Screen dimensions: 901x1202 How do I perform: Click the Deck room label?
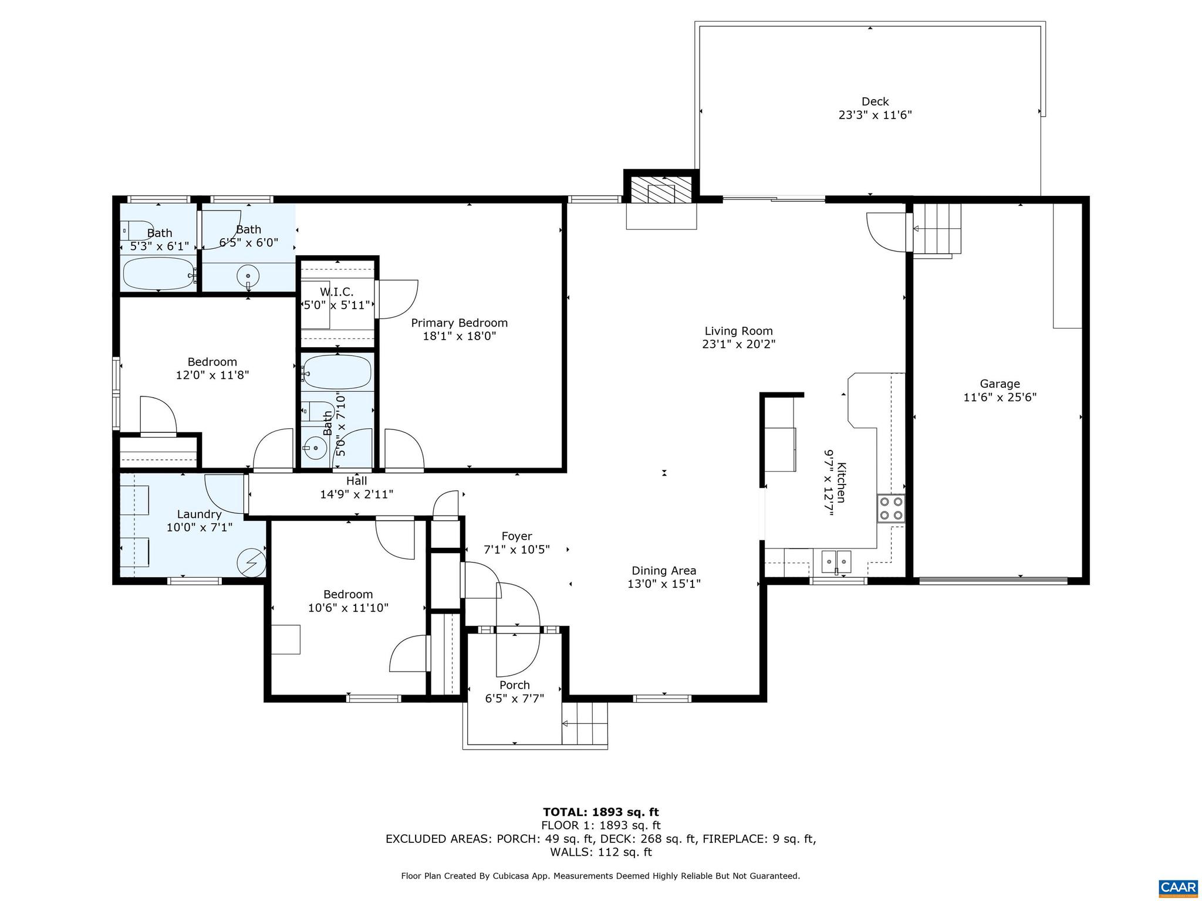click(875, 101)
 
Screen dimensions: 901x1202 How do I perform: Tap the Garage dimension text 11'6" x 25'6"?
click(1000, 397)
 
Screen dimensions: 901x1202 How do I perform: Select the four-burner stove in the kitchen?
click(890, 509)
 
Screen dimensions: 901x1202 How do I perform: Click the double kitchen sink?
click(836, 561)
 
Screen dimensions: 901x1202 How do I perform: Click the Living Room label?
click(738, 331)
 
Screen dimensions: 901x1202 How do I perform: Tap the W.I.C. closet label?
click(336, 292)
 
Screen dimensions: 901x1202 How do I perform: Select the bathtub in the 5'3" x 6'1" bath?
click(158, 273)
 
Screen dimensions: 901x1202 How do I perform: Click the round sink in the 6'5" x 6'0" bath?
click(249, 275)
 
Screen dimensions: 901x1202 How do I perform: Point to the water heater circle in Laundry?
click(251, 563)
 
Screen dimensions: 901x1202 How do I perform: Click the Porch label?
click(514, 685)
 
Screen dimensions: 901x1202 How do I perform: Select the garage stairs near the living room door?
click(937, 229)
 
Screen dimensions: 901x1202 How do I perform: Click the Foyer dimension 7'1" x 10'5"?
click(516, 550)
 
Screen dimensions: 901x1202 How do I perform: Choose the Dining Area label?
click(664, 570)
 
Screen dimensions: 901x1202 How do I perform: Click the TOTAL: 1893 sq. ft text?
click(600, 812)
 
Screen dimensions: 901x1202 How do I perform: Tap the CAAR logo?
click(1179, 888)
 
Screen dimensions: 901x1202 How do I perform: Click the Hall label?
click(356, 481)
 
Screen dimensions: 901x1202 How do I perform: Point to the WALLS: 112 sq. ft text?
click(600, 852)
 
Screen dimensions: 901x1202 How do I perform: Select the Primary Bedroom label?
click(459, 323)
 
